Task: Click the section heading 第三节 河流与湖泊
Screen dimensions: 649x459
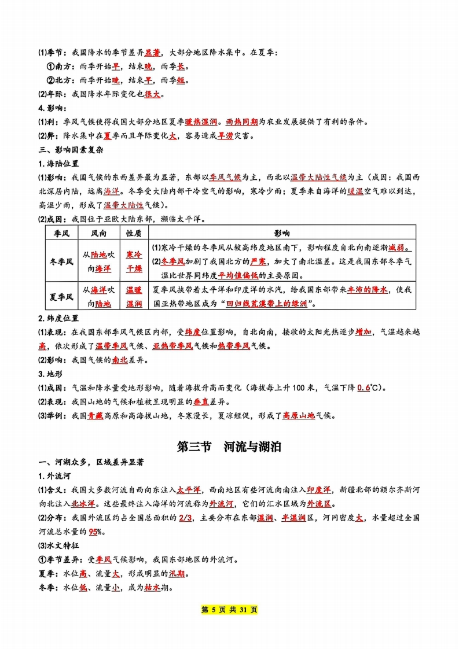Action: [x=229, y=447]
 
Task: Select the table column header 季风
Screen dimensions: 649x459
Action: [x=61, y=233]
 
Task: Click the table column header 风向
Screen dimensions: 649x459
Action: [x=99, y=233]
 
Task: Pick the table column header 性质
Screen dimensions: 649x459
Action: [x=134, y=233]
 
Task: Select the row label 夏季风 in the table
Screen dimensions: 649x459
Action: [x=61, y=297]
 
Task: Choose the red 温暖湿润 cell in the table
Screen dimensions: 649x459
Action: [x=134, y=297]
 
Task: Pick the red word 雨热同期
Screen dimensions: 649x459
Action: [x=240, y=122]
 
